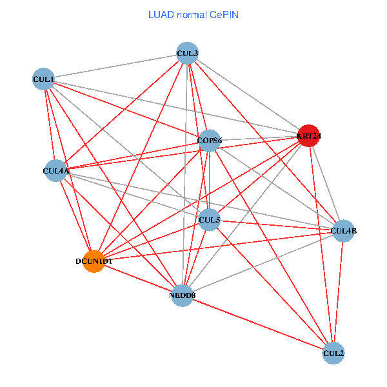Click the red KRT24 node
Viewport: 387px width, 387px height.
click(x=308, y=136)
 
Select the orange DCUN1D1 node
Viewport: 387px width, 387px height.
click(x=94, y=261)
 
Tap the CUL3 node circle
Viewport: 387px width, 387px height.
click(x=187, y=53)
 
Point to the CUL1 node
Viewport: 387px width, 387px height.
click(x=43, y=79)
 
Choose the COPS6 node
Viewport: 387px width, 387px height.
click(x=210, y=140)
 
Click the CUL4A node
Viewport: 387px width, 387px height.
click(x=55, y=171)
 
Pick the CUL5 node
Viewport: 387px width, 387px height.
click(x=210, y=220)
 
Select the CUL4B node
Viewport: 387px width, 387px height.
click(x=343, y=230)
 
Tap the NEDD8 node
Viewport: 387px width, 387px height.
click(x=183, y=295)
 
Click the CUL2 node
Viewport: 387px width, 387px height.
click(x=333, y=353)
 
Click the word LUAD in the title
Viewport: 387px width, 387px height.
click(x=159, y=14)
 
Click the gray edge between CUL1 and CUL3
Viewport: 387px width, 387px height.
click(x=115, y=66)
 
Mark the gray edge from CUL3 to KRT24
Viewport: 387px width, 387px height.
click(x=248, y=95)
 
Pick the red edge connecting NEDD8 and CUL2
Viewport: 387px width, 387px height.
click(x=258, y=324)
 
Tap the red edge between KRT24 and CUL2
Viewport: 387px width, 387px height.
click(x=321, y=244)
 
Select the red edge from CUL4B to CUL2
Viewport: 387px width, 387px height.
click(x=339, y=292)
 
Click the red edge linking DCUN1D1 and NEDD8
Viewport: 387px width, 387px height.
click(x=138, y=278)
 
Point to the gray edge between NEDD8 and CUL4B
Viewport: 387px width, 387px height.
click(x=263, y=263)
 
